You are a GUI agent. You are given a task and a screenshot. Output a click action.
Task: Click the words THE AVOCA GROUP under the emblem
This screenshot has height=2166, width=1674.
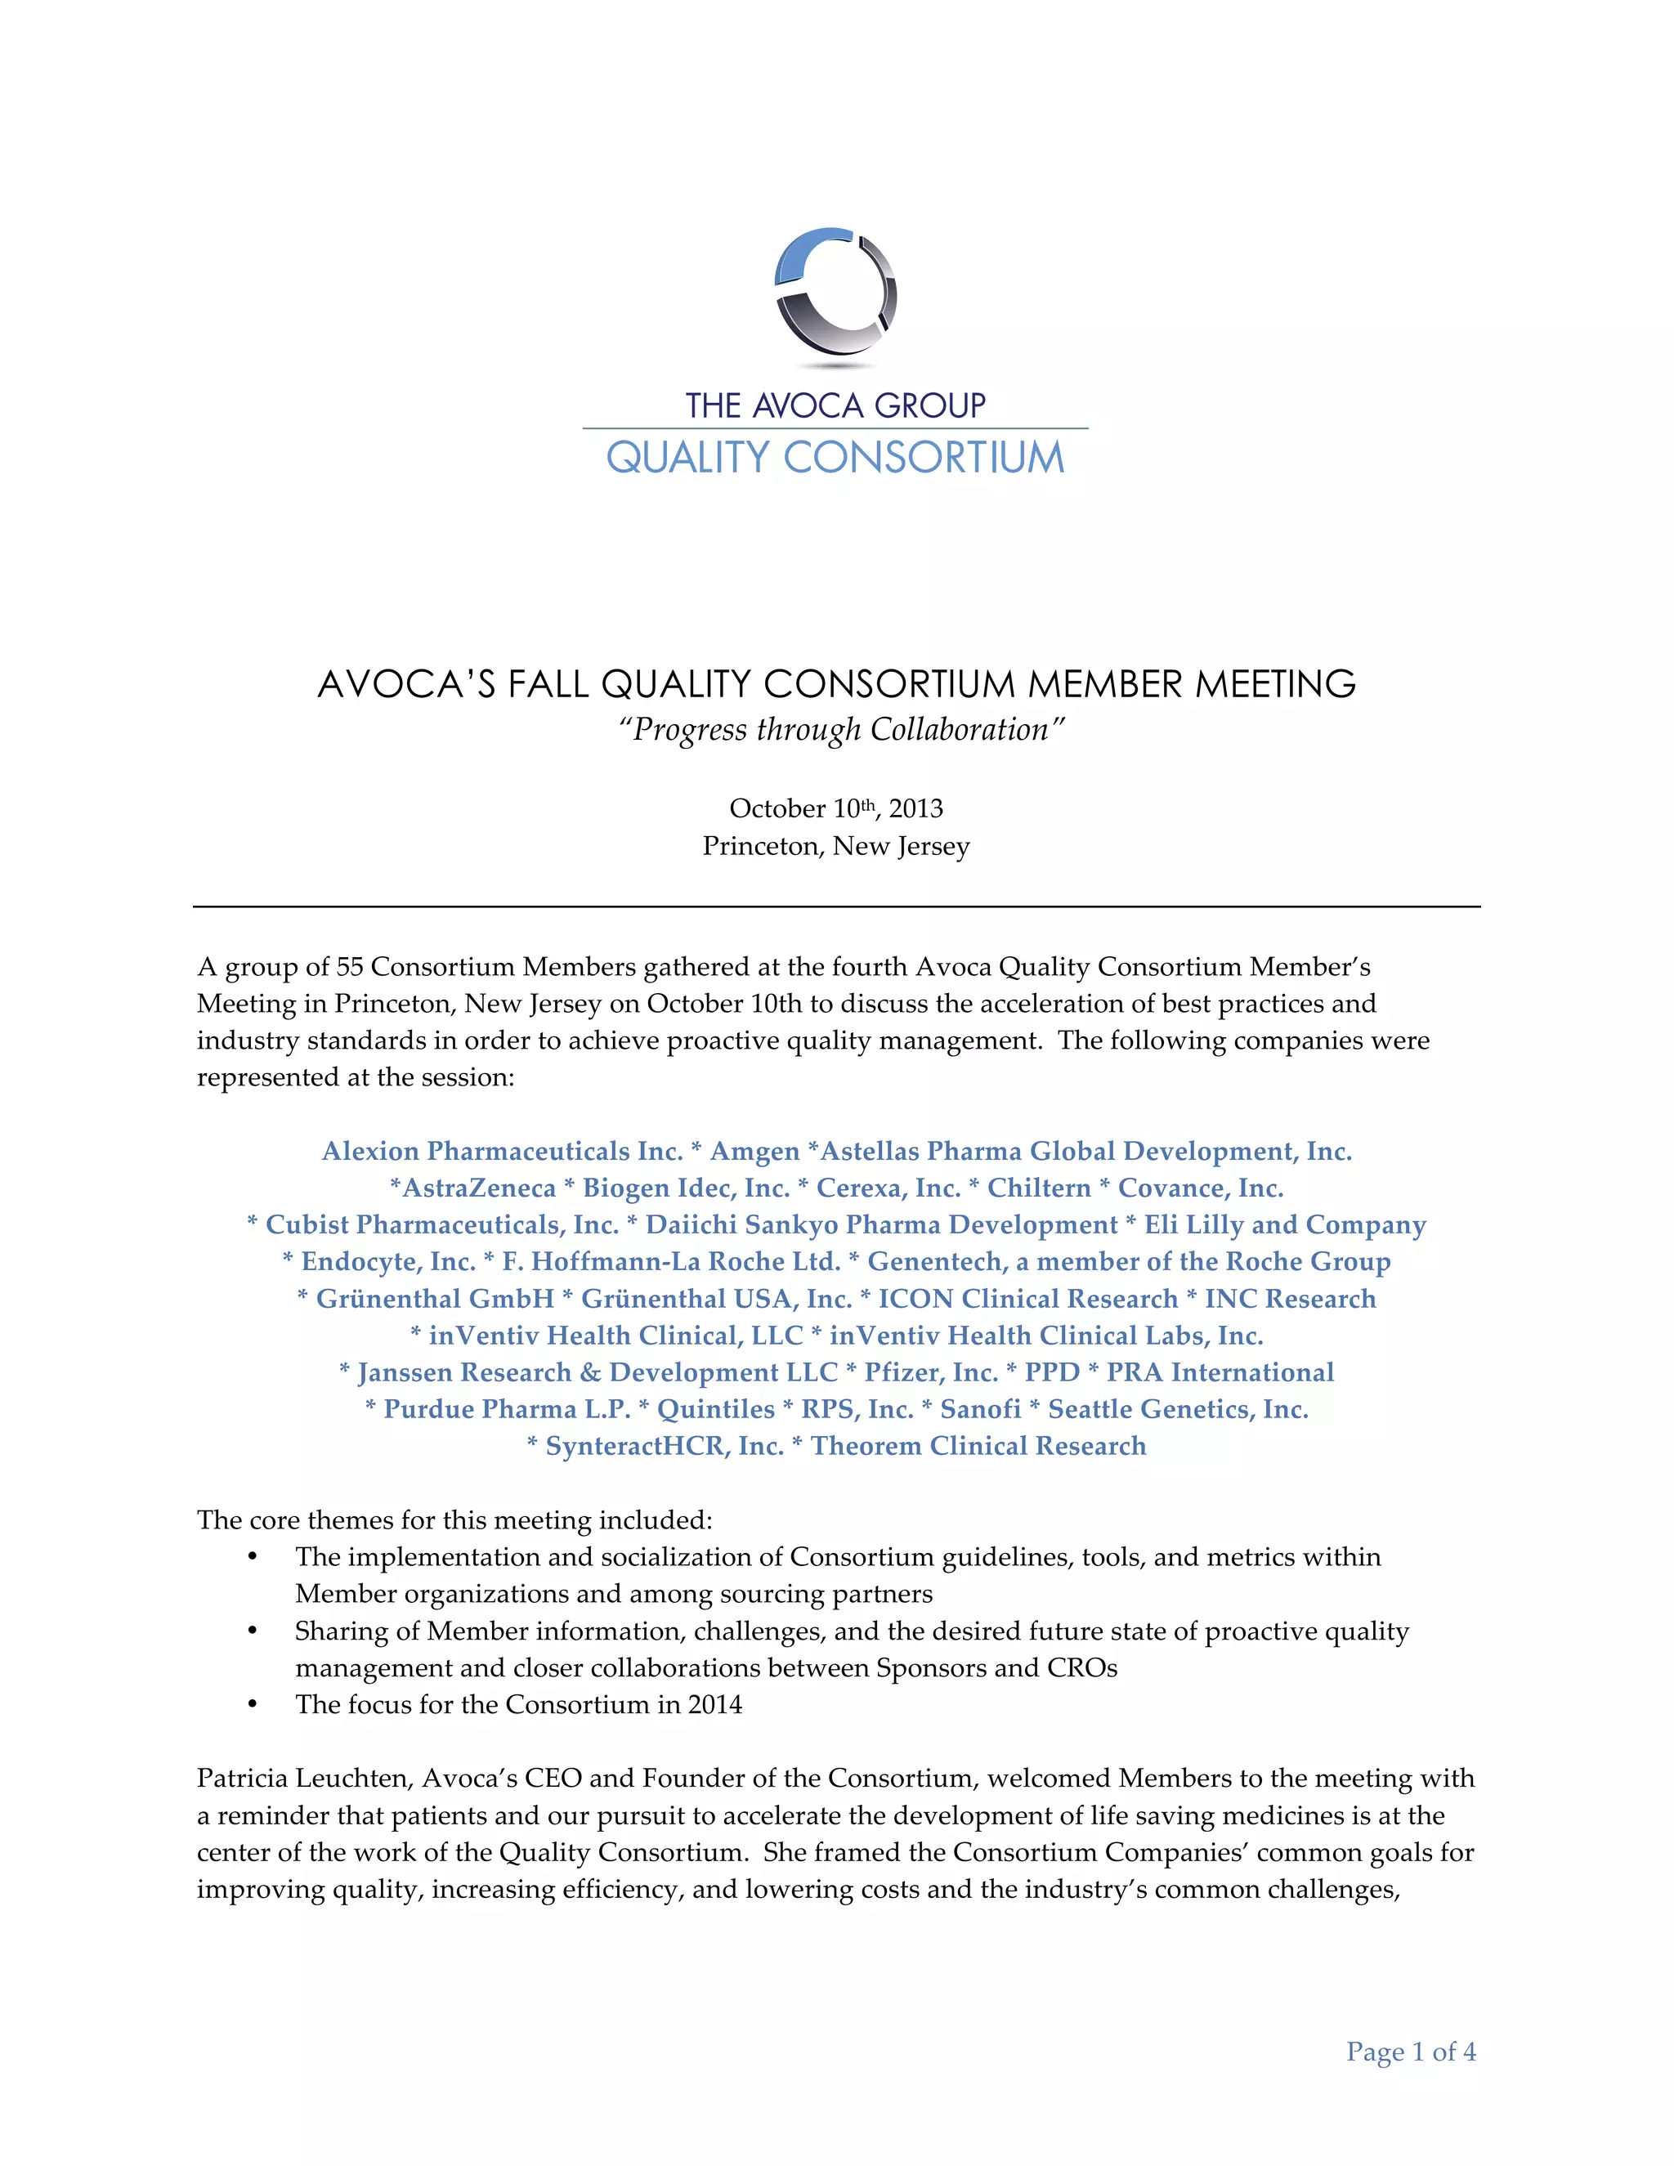(835, 405)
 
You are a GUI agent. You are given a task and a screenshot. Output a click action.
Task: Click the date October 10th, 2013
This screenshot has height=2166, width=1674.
(835, 808)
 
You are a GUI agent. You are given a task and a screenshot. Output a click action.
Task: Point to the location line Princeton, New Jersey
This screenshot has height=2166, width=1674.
(835, 846)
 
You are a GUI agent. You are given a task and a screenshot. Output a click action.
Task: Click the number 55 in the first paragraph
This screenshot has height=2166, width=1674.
(349, 967)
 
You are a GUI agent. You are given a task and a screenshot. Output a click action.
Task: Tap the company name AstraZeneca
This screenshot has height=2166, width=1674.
(478, 1188)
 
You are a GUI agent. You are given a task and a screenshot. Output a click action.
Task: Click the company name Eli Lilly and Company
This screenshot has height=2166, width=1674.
(1285, 1225)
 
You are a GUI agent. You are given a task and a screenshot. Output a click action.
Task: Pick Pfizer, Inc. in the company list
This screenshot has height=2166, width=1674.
(930, 1372)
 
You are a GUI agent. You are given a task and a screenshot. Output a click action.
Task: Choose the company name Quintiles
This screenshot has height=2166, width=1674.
(715, 1409)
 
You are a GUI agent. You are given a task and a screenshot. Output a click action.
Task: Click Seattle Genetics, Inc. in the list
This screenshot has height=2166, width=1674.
(1178, 1409)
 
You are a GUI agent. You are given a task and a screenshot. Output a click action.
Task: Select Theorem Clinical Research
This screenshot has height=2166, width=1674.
(978, 1446)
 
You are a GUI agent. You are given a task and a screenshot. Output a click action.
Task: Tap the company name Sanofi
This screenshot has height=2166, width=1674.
(980, 1409)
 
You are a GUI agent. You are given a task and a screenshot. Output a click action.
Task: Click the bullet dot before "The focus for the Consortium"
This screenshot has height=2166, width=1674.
(253, 1705)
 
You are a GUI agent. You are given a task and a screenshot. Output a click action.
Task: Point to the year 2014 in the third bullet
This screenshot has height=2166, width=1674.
(714, 1705)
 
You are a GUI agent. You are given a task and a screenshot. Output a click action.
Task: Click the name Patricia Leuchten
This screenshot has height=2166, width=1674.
(311, 1779)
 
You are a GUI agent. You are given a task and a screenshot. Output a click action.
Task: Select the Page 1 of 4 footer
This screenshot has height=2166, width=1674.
(1410, 2052)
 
